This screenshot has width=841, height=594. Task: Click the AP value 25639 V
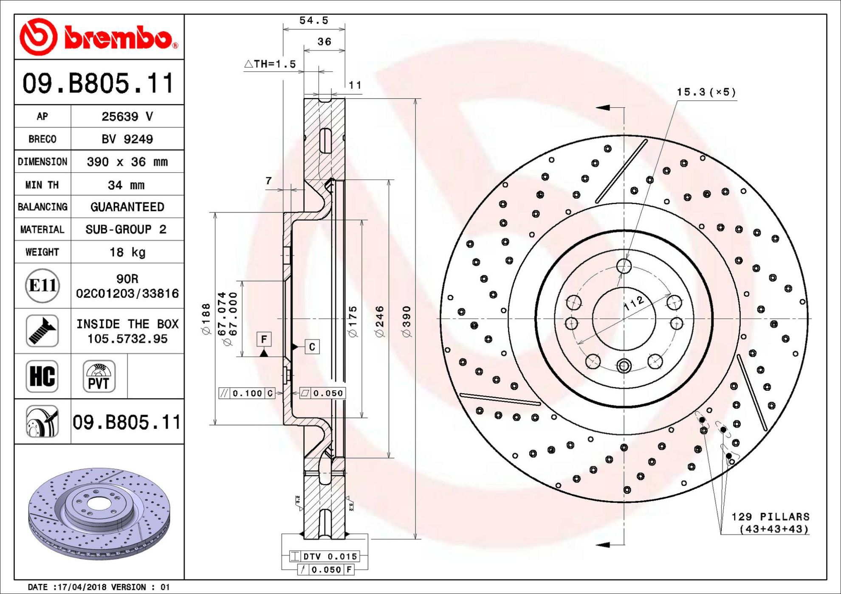tap(127, 116)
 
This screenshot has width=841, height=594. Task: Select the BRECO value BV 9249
tap(127, 139)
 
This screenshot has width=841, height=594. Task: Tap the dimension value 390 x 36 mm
tap(127, 162)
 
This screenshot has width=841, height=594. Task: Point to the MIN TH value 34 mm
tap(126, 185)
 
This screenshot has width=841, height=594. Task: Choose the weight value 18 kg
tap(127, 252)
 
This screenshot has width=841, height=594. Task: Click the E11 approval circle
tap(42, 286)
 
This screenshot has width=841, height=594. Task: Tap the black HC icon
tap(42, 376)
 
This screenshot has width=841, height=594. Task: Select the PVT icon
tap(99, 376)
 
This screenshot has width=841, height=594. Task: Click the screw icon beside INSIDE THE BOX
tap(42, 331)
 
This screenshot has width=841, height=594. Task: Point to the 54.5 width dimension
tap(314, 20)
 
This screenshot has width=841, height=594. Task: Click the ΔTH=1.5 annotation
tap(270, 64)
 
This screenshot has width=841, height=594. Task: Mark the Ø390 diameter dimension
tap(406, 321)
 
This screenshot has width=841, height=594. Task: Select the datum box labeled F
tap(264, 339)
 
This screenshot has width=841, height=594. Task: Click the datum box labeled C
tap(312, 347)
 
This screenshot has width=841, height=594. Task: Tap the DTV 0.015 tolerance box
tap(324, 556)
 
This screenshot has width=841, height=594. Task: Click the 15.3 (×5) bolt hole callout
tap(706, 92)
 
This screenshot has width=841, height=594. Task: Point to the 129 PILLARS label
tap(770, 517)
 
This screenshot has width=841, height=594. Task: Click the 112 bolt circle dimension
tap(634, 303)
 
